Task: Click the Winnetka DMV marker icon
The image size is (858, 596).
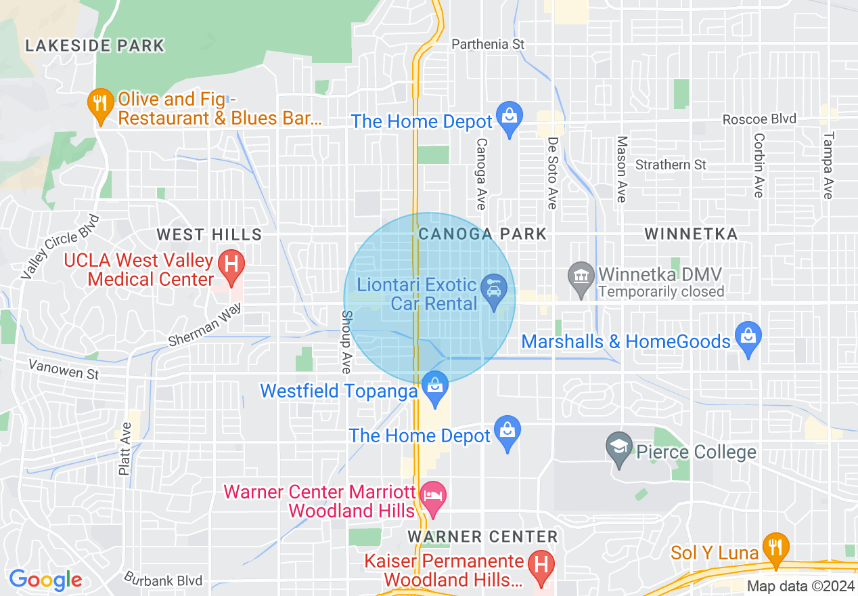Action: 581,278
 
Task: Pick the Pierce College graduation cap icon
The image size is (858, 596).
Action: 619,450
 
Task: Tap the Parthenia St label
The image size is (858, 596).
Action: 488,44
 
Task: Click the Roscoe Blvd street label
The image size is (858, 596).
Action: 759,119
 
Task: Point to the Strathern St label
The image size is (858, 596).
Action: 671,165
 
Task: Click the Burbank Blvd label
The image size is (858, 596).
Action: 163,580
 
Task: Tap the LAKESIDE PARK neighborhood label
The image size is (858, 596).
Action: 95,46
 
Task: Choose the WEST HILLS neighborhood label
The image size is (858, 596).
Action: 209,234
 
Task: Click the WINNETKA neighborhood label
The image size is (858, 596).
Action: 690,234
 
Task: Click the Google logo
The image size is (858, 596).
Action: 45,580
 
